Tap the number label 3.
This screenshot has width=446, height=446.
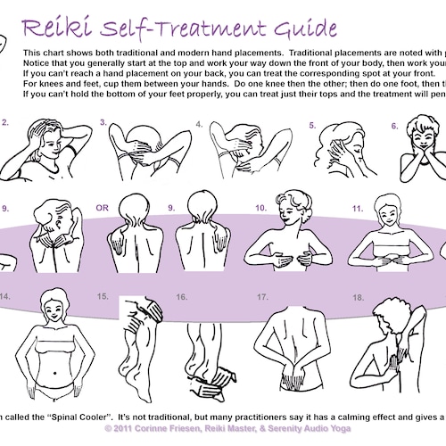point(103,122)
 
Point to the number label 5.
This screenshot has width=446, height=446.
point(313,125)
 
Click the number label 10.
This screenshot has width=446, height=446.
point(260,208)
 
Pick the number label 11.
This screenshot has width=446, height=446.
point(357,208)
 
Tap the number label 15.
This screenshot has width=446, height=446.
point(103,295)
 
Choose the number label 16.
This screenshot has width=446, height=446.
point(182,296)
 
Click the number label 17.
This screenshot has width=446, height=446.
point(262,296)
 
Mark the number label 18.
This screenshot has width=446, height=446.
point(359,296)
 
